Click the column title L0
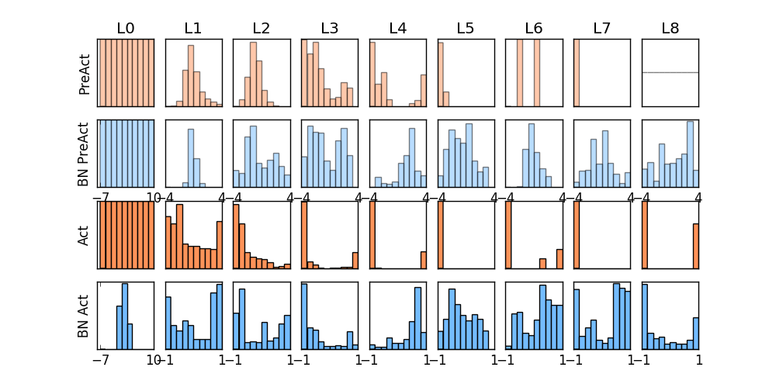coord(126,29)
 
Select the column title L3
coord(330,29)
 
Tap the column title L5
coord(466,29)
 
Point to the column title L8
coord(670,29)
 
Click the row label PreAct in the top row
coord(85,74)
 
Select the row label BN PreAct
coord(85,153)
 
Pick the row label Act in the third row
coord(85,234)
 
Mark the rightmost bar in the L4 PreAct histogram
coord(423,90)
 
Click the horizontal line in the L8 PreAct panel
coord(670,72)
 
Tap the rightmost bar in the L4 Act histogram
coord(424,260)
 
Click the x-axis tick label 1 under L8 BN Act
coord(699,360)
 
